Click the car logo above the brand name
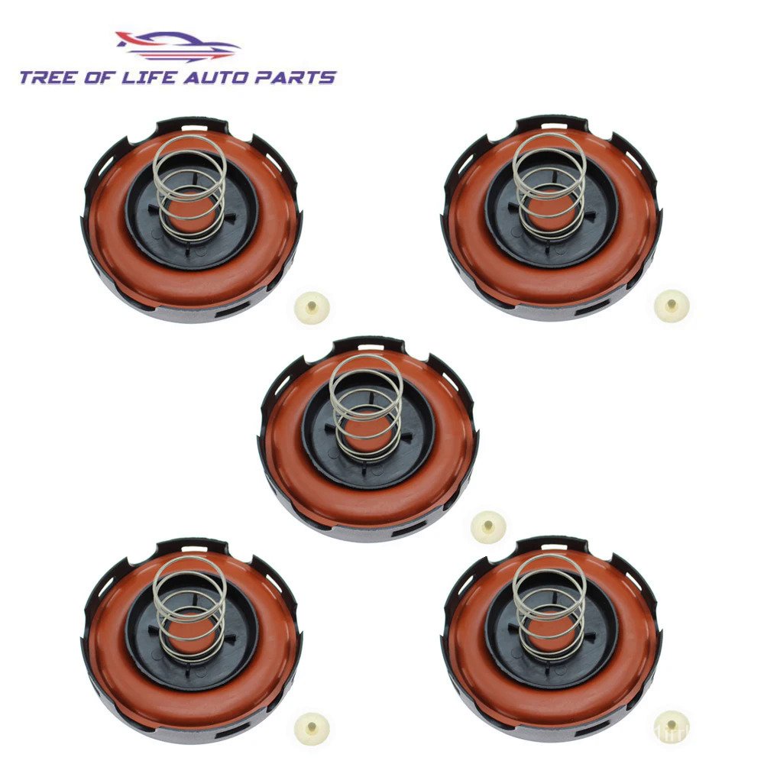click(x=177, y=46)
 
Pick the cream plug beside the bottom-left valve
click(x=312, y=728)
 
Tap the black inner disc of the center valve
click(x=321, y=443)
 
